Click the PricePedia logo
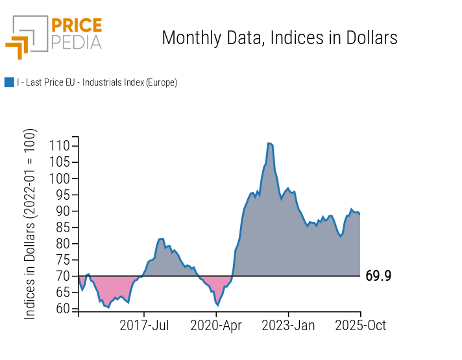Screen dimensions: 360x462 coord(54,36)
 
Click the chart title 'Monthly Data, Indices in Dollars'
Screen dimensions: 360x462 coord(279,38)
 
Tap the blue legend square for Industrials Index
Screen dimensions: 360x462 coord(9,82)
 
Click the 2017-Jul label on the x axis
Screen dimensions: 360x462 coord(145,325)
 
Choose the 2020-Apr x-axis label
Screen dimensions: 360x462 coord(216,325)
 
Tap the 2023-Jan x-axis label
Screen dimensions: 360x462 coord(288,325)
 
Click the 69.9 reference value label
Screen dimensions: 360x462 coord(378,276)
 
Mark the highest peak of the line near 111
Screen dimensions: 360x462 coord(269,143)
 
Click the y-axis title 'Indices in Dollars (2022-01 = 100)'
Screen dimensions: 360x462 coord(30,224)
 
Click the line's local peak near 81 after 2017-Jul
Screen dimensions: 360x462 coord(161,239)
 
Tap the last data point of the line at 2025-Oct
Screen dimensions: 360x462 coord(360,213)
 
